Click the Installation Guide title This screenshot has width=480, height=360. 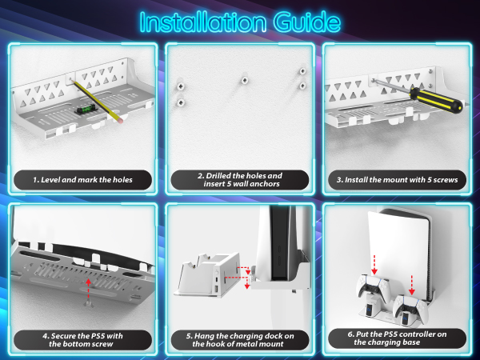tap(239, 21)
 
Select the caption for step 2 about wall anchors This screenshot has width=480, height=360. tap(239, 179)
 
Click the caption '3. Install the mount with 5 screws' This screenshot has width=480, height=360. tap(397, 180)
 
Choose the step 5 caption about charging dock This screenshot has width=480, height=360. tap(239, 338)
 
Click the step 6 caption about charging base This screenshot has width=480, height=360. tap(397, 338)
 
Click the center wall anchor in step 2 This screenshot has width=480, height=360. tap(242, 80)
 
